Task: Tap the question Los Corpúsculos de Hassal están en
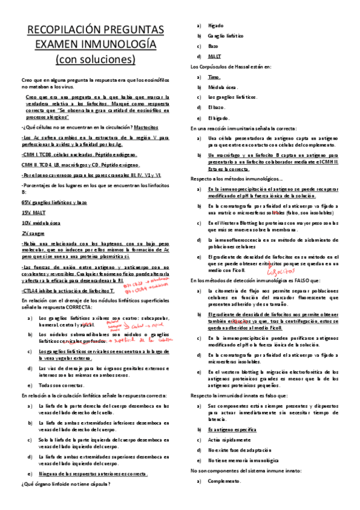tap(231, 66)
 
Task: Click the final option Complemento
tap(225, 481)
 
